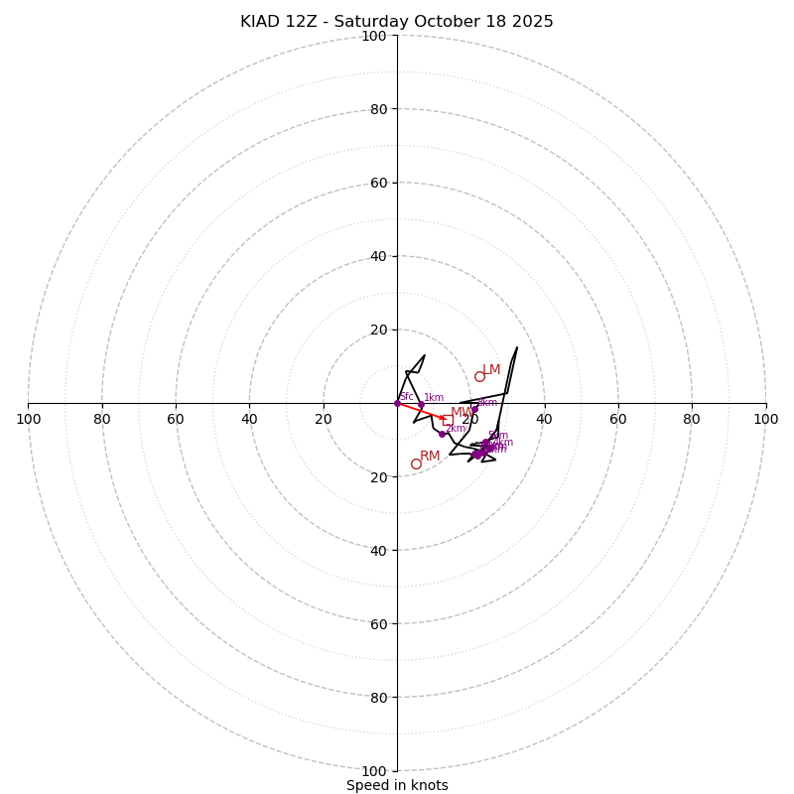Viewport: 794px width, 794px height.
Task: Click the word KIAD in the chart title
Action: click(x=261, y=22)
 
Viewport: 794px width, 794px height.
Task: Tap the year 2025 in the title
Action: click(x=533, y=22)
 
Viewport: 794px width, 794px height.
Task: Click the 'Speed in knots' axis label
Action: click(x=397, y=785)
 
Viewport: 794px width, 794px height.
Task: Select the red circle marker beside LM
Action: click(x=479, y=376)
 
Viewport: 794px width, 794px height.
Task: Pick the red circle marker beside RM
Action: click(x=416, y=463)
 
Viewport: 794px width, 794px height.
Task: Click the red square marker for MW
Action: click(x=448, y=420)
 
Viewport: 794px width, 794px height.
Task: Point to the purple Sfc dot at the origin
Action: click(x=397, y=403)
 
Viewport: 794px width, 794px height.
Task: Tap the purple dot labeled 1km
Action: click(x=421, y=405)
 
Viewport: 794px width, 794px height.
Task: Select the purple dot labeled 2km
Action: click(x=442, y=434)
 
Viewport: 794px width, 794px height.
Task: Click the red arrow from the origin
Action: click(x=419, y=411)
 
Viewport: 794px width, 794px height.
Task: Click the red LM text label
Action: click(x=491, y=370)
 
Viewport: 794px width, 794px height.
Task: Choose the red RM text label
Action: click(x=430, y=457)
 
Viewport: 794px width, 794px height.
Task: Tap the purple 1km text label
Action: click(x=434, y=398)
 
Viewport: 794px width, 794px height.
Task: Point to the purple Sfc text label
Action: click(x=406, y=397)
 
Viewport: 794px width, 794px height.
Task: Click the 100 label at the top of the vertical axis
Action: click(x=374, y=36)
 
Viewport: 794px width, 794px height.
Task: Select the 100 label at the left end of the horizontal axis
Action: click(x=28, y=419)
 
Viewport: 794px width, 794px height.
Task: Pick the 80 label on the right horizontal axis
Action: click(x=693, y=419)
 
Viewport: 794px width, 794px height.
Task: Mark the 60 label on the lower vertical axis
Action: click(x=378, y=623)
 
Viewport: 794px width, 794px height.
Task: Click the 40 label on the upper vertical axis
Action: click(x=378, y=256)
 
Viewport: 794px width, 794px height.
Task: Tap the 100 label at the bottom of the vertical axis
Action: click(x=374, y=770)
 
